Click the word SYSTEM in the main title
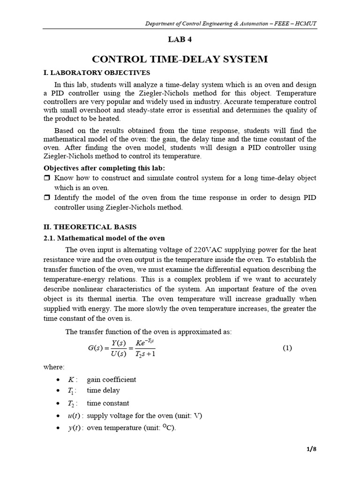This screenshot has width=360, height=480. coord(245,59)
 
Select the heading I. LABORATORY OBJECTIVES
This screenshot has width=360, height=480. coord(97,73)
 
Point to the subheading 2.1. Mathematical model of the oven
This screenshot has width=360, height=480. coord(104,238)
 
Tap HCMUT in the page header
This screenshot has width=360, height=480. coord(304,23)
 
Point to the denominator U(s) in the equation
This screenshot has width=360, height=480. coord(121,354)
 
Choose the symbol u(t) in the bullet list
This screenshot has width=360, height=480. coord(75,416)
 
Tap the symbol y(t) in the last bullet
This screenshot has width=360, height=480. coord(75,428)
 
